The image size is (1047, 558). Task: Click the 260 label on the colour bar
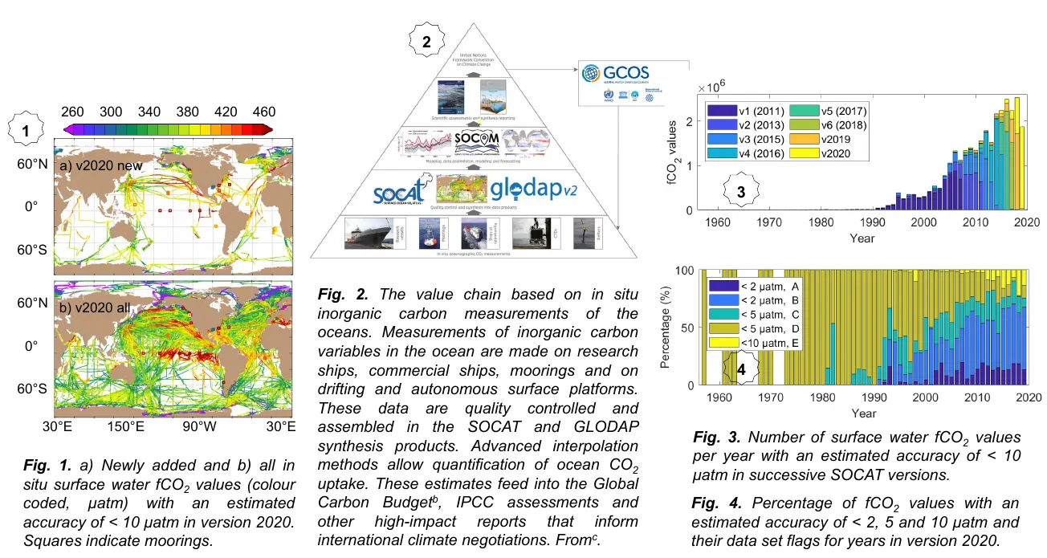[73, 112]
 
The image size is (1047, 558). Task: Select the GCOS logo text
[627, 71]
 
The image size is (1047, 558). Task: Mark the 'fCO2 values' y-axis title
[673, 161]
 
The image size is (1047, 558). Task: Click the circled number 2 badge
[427, 43]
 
